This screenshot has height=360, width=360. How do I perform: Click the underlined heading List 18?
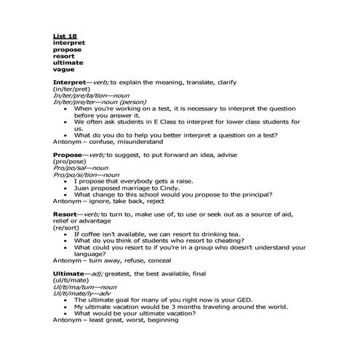(65, 36)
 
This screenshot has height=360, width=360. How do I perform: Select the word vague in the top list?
(64, 68)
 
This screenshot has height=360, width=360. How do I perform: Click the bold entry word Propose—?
(69, 155)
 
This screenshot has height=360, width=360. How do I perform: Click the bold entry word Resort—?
(67, 215)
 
